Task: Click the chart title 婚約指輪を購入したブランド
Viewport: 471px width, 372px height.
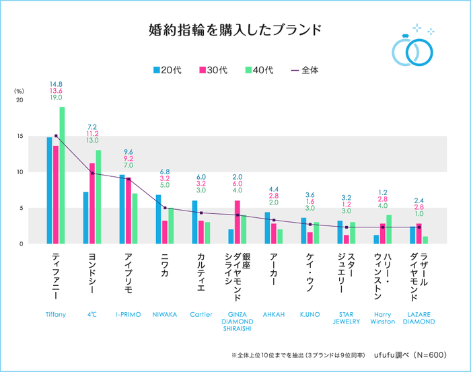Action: coord(235,30)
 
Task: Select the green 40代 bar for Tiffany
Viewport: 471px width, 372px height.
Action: coord(62,175)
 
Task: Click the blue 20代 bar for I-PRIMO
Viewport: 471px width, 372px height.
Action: coord(122,209)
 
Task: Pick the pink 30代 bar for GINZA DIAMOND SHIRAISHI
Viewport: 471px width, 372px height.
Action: coord(237,222)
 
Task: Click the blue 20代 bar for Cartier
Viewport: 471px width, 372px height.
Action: coord(194,222)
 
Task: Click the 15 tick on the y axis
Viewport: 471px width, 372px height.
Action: coord(20,137)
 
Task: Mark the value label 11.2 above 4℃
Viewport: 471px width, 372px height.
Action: coord(92,134)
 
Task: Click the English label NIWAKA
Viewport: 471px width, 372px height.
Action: coord(164,314)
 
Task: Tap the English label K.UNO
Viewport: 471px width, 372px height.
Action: coord(310,314)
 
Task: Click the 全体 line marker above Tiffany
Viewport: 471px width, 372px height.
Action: coord(56,136)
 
